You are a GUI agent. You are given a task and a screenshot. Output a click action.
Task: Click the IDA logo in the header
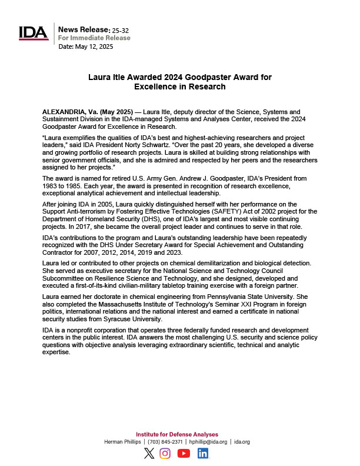coord(34,33)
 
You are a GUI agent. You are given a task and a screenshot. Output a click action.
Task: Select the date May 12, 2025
coord(95,46)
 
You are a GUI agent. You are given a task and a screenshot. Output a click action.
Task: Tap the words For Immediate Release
coord(95,38)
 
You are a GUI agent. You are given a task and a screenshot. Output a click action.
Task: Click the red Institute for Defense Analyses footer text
coord(177,434)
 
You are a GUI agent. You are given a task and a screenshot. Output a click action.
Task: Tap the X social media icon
coord(149,453)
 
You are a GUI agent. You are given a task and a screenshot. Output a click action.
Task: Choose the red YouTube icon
coord(184,453)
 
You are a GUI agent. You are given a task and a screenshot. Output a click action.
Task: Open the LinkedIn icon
coord(203,453)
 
